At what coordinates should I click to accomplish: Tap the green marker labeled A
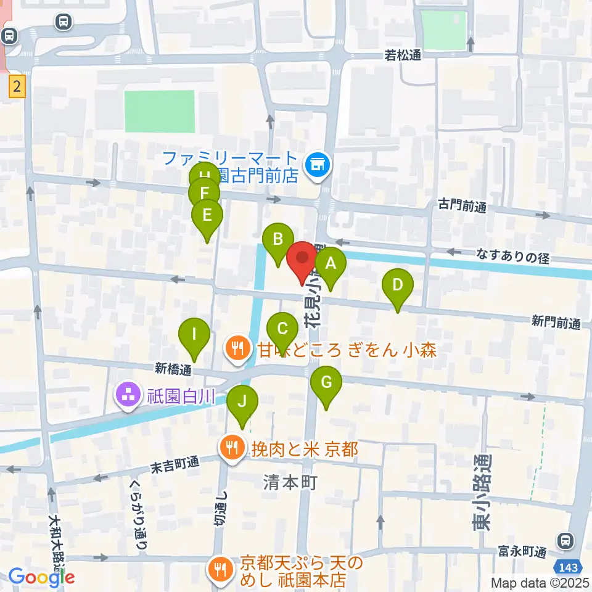(331, 265)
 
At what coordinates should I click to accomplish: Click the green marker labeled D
(398, 286)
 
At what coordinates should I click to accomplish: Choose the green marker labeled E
(207, 216)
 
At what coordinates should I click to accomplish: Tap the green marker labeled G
(326, 384)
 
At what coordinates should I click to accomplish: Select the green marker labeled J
(242, 403)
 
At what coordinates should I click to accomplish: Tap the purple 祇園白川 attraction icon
(128, 395)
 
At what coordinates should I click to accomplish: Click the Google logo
(41, 577)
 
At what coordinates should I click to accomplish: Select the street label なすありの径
(513, 258)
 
